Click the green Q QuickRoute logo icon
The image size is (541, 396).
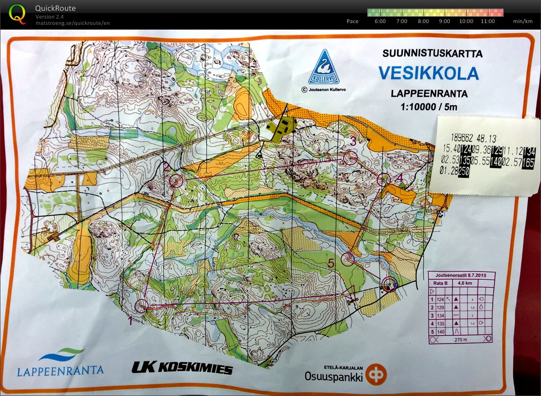17,13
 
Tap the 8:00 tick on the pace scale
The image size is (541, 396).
423,21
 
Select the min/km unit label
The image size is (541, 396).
523,21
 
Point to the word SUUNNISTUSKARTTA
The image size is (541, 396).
432,54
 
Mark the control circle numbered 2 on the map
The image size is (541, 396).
177,181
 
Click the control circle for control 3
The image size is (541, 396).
350,157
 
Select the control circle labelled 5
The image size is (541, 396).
348,259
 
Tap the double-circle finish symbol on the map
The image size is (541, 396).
389,284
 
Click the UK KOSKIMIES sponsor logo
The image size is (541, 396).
182,368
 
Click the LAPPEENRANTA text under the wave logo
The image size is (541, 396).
60,370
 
